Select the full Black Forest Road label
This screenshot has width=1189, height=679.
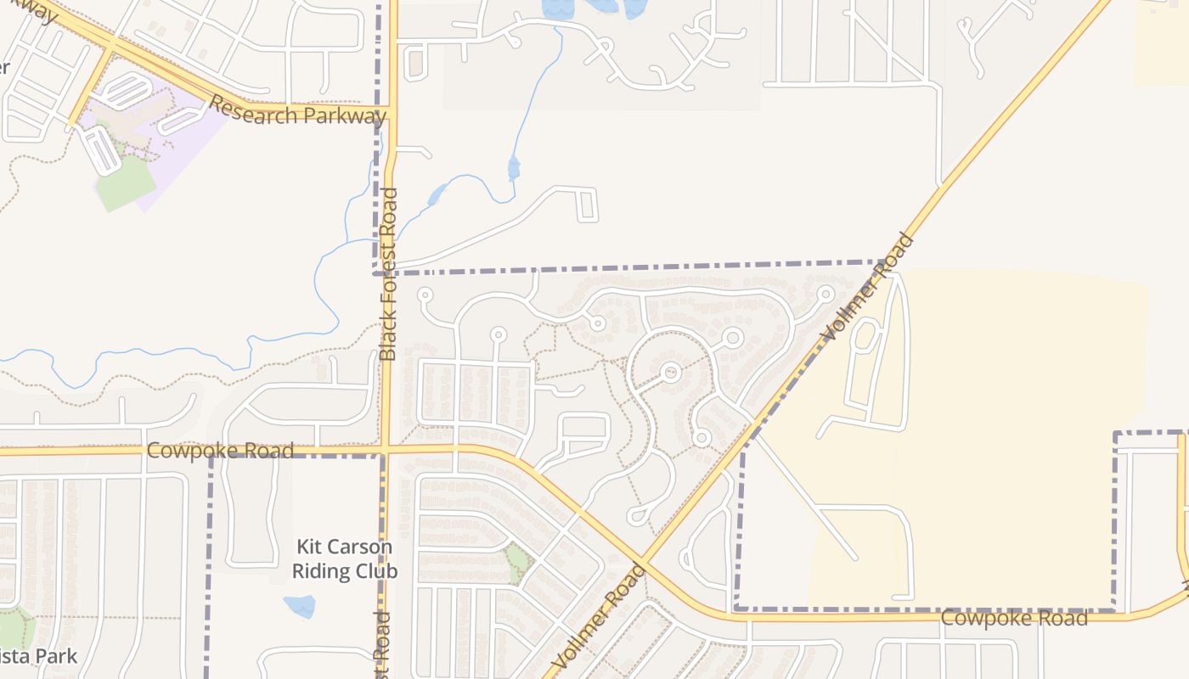coord(388,274)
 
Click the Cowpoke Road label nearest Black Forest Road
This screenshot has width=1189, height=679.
coord(220,450)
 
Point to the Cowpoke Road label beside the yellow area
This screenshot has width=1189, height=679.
coord(1013,618)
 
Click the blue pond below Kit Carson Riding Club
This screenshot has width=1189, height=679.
coord(300,606)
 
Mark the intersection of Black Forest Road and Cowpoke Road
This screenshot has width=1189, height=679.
coord(385,447)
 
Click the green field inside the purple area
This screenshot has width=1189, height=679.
coord(125,182)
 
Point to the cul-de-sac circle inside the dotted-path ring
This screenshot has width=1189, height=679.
coord(671,372)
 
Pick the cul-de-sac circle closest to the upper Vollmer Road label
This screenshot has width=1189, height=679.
coord(825,295)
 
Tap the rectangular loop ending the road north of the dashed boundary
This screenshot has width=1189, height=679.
coord(587,205)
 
